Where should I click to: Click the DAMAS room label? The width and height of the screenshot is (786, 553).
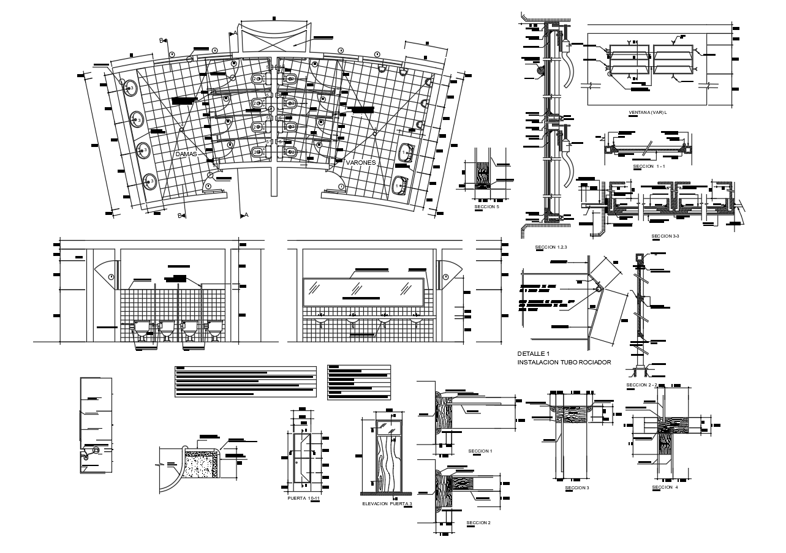(186, 154)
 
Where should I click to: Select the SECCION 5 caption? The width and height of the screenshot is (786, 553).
(487, 208)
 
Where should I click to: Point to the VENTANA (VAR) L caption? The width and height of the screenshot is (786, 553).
(648, 113)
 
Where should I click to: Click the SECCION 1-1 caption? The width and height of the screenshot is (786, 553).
(649, 166)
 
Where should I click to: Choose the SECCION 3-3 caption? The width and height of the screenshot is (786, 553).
(666, 236)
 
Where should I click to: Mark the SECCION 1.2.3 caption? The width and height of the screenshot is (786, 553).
(551, 247)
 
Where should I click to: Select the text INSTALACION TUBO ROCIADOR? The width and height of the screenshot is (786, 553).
(564, 363)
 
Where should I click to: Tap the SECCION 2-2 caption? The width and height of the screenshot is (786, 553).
(641, 385)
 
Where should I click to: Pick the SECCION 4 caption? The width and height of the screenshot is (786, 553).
(665, 487)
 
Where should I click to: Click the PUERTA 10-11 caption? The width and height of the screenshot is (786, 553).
(304, 498)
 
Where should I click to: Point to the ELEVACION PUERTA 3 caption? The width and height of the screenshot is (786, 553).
(387, 503)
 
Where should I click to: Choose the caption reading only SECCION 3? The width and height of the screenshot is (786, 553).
(576, 488)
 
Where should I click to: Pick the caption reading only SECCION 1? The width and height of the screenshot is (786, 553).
(480, 451)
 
